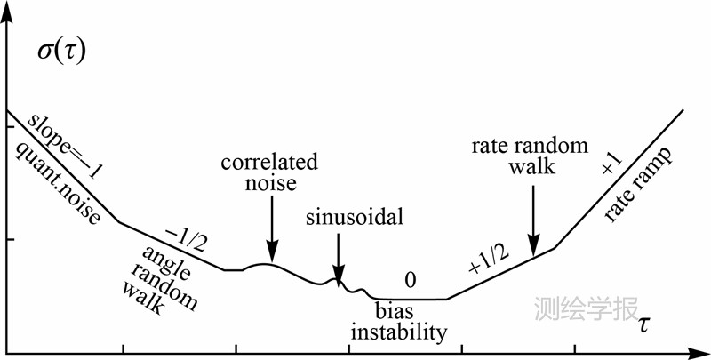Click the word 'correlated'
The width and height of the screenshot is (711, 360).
270,164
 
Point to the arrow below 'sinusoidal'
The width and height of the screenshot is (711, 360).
338,258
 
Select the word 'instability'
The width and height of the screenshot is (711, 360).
397,333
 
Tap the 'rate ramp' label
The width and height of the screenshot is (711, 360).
637,188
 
